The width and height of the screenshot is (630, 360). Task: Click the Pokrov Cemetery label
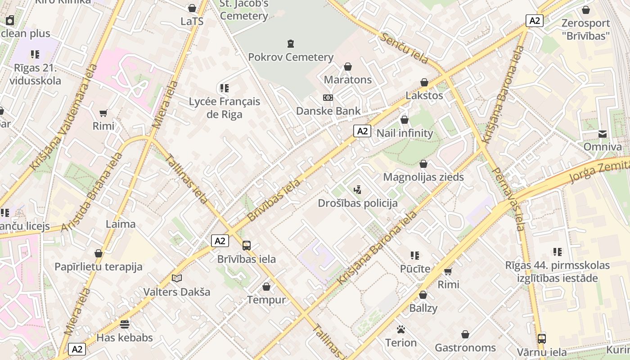point(291,57)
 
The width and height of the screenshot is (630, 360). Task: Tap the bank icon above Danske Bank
point(328,98)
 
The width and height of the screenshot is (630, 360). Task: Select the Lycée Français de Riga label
point(224,108)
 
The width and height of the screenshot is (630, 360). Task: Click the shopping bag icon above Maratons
point(348,67)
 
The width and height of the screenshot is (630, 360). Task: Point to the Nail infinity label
point(404,133)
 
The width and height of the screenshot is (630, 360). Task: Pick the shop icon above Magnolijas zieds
point(423,164)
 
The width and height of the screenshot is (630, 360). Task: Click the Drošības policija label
point(358,203)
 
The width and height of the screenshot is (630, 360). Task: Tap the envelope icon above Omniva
point(602,134)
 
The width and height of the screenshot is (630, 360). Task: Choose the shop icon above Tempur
point(266,287)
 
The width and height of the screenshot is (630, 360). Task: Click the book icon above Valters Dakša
point(177,279)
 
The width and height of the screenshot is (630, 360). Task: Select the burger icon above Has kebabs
point(125,324)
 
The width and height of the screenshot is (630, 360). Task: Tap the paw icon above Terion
point(400,329)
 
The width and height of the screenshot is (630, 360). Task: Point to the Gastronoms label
point(465,347)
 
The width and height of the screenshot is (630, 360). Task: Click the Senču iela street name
point(403,48)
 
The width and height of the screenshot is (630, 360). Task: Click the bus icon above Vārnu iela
point(541,338)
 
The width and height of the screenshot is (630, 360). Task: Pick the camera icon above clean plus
point(10,20)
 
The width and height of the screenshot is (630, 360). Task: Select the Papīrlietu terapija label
point(98,266)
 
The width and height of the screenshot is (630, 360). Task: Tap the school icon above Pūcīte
point(415,256)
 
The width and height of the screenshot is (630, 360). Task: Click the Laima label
point(120,224)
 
